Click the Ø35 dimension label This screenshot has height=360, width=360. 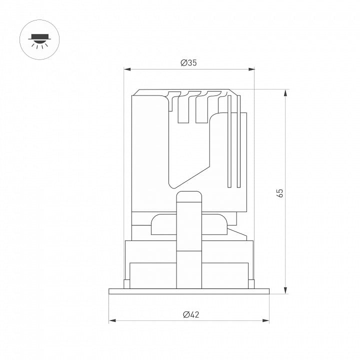[188, 62]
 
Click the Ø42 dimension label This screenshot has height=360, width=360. [191, 314]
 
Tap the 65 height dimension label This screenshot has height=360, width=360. [280, 193]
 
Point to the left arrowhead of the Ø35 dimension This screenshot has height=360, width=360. [127, 69]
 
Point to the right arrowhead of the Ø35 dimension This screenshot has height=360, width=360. [251, 69]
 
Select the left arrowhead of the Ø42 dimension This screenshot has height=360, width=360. [112, 320]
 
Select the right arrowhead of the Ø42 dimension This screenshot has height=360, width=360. [266, 320]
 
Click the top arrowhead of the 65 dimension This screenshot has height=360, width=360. [285, 93]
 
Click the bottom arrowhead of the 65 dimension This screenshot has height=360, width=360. [285, 290]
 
